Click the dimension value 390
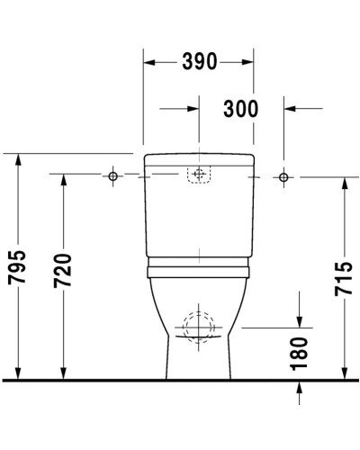tap(198, 62)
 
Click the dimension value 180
tap(300, 354)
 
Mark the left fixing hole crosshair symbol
tap(112, 176)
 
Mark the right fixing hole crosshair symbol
tap(283, 176)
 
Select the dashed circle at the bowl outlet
tap(198, 327)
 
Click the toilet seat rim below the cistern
tap(198, 267)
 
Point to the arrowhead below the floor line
tap(300, 388)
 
